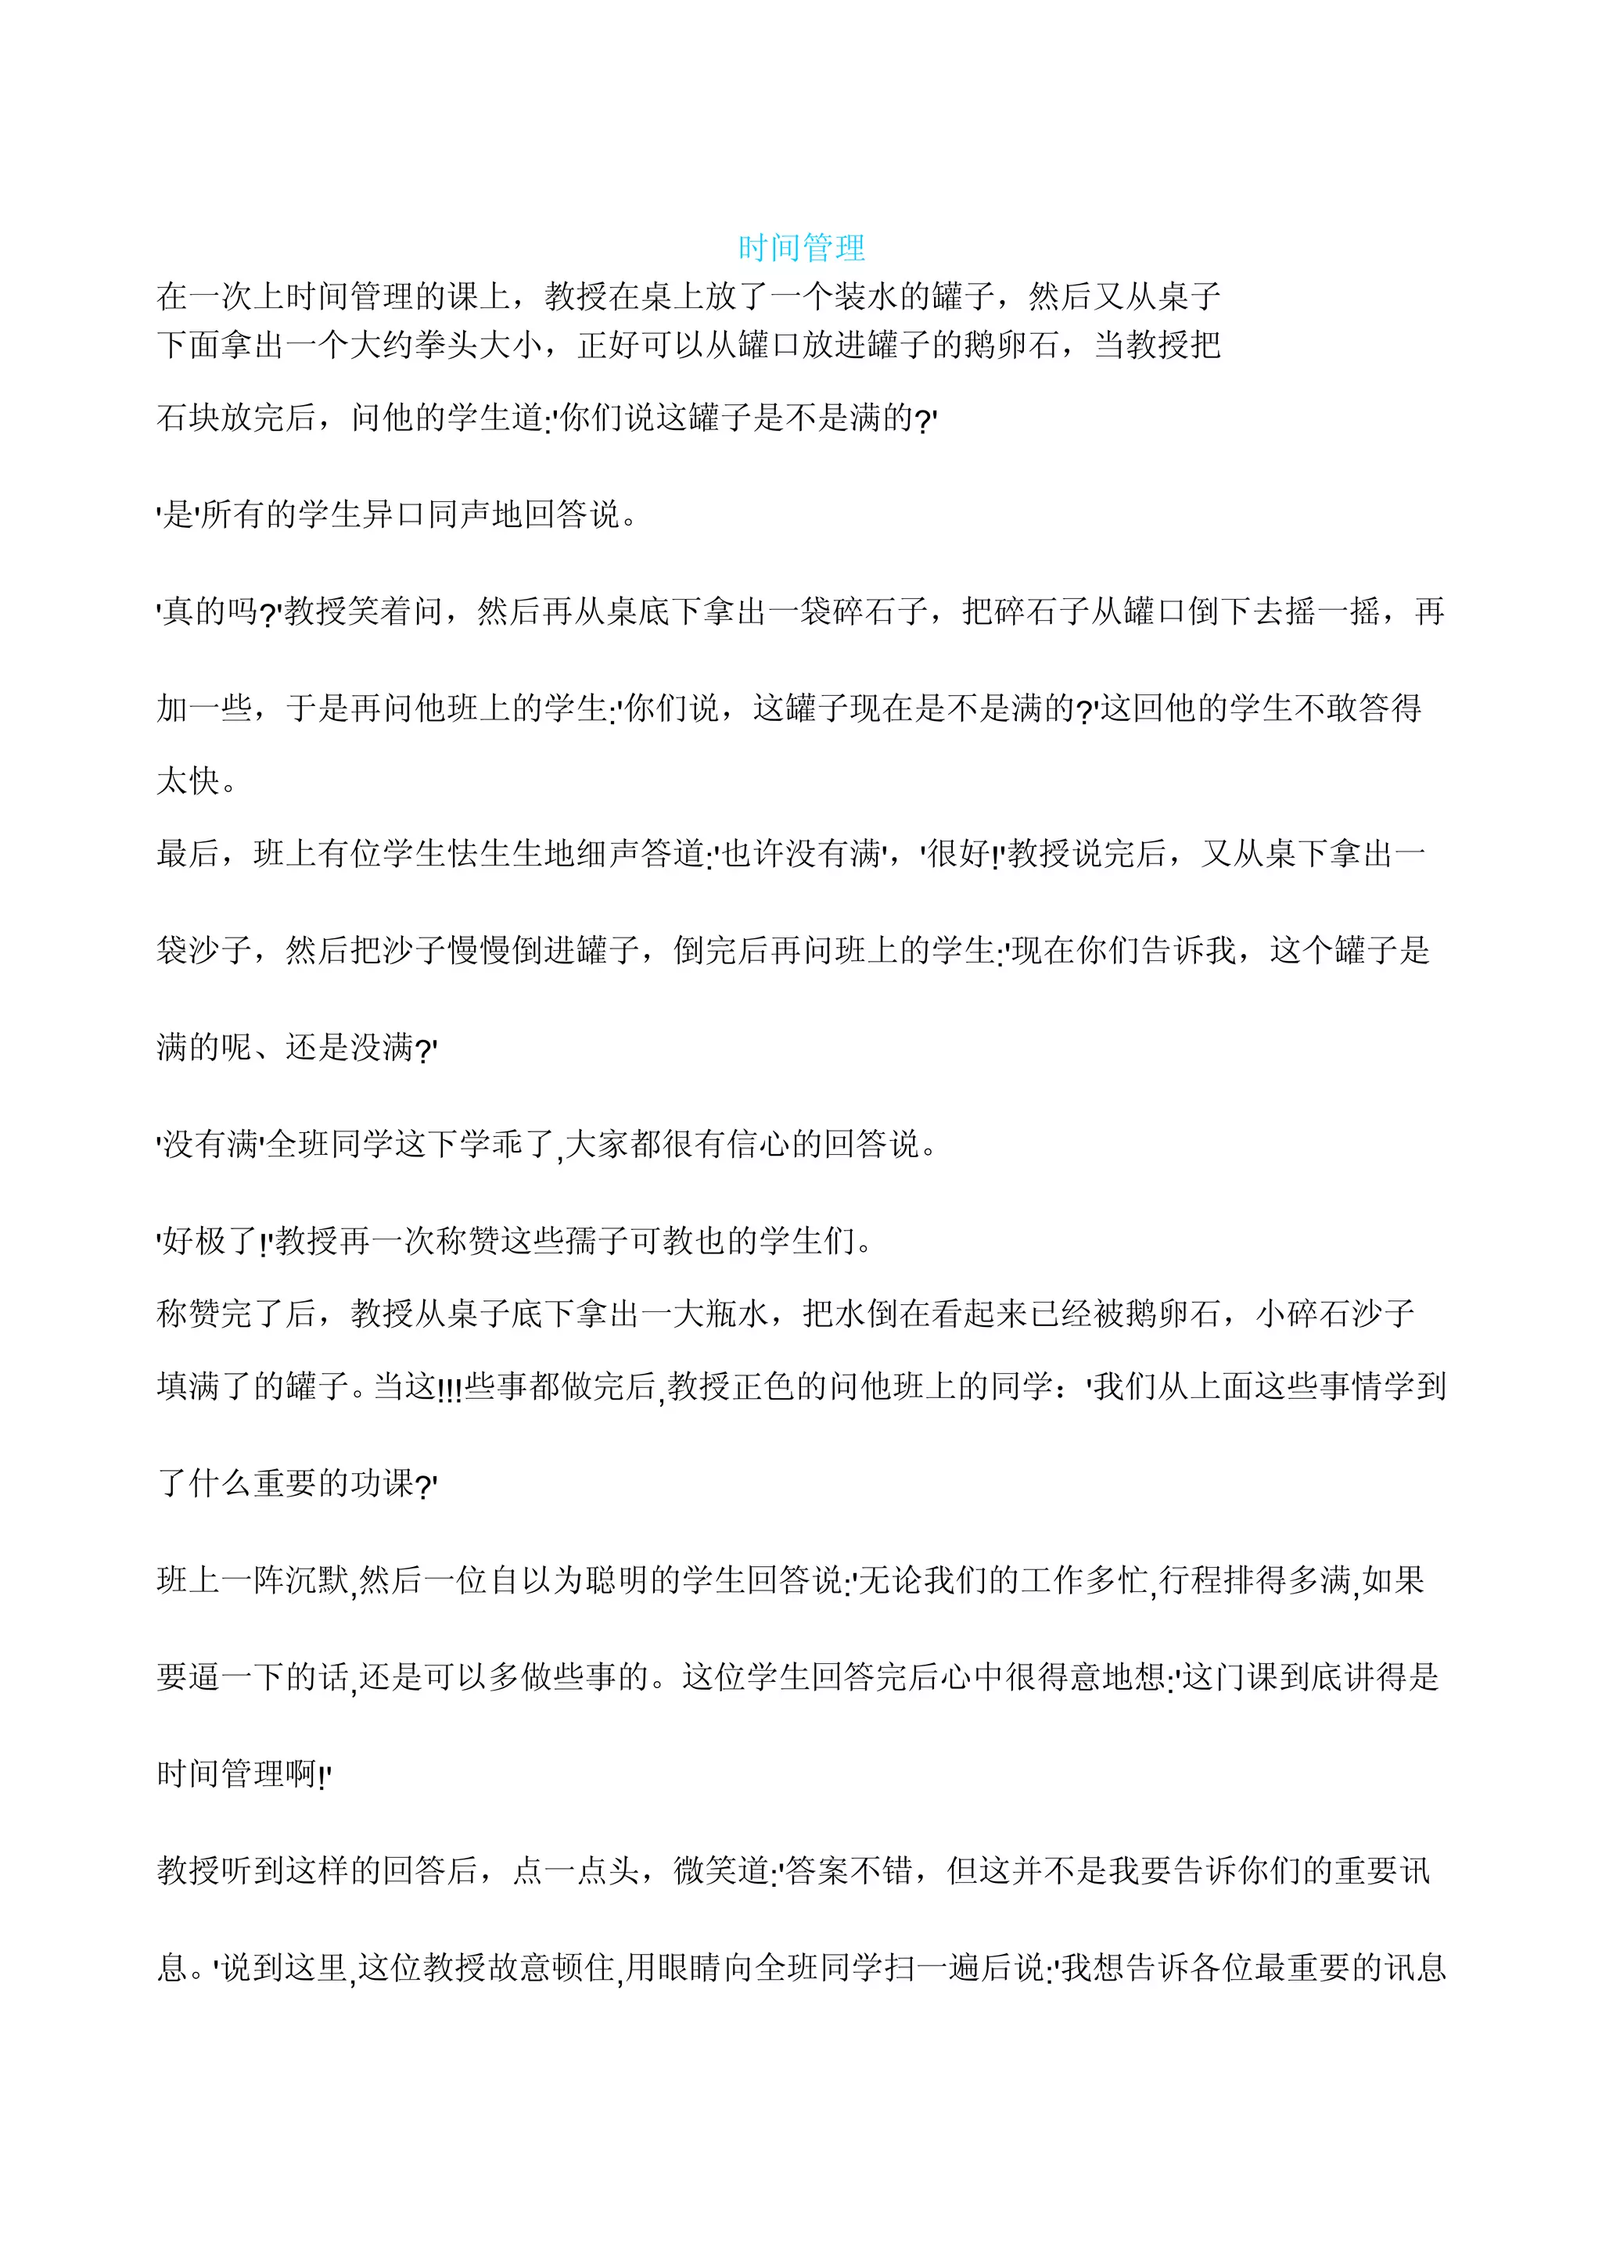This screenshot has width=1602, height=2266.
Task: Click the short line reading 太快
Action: click(x=189, y=780)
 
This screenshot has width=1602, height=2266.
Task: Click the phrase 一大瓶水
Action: click(x=704, y=1313)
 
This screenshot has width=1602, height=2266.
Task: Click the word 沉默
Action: click(x=318, y=1580)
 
